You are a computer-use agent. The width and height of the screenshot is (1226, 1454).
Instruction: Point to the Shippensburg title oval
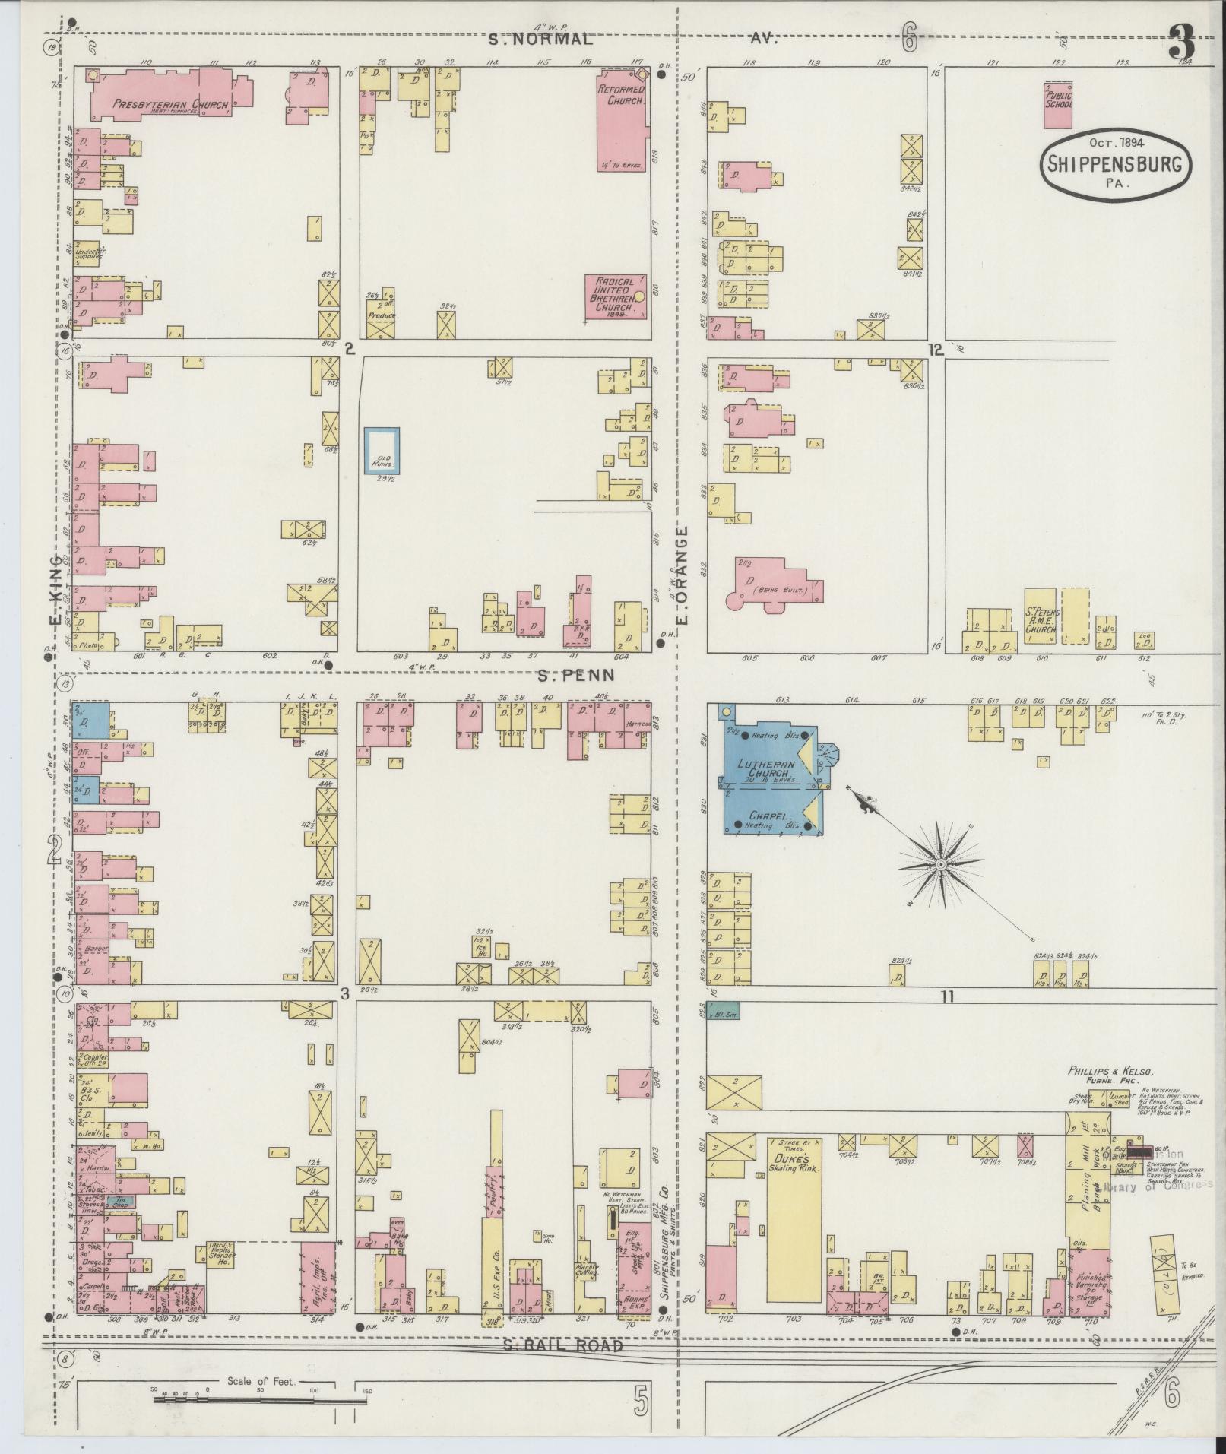tap(1116, 163)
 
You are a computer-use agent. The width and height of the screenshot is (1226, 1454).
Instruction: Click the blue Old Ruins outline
tap(382, 452)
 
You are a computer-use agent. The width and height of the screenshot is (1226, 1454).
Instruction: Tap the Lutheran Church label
tap(769, 768)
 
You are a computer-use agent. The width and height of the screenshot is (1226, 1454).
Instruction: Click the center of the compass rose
tap(940, 865)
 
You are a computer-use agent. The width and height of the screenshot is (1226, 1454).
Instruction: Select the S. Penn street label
tap(575, 674)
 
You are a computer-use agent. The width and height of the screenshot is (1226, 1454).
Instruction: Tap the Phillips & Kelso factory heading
tap(1110, 1072)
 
